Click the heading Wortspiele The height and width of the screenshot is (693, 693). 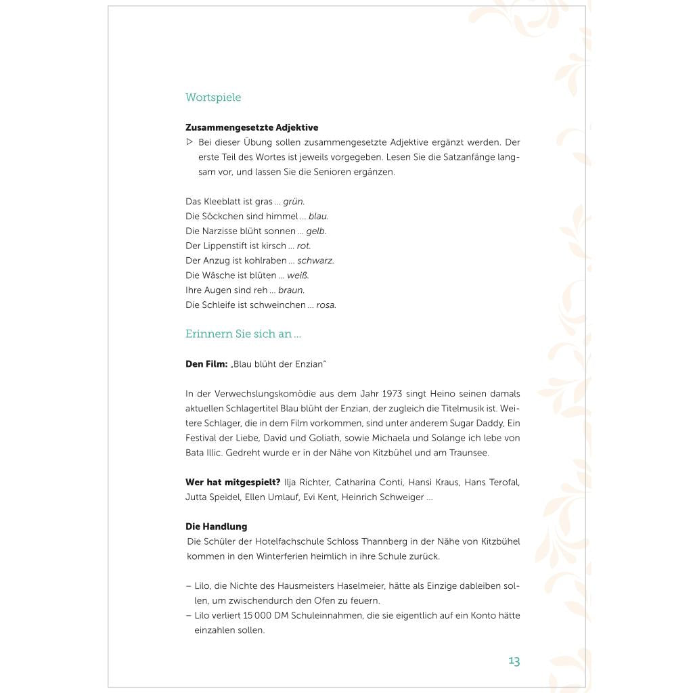[x=213, y=97]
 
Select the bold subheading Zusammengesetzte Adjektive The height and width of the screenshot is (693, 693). [x=252, y=127]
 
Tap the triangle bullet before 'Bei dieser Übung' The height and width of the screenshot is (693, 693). [x=189, y=142]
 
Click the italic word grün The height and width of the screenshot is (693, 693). [x=294, y=202]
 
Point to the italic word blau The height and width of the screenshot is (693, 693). [x=318, y=217]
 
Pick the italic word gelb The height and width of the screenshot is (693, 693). [x=316, y=231]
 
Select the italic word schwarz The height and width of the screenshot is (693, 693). [x=315, y=261]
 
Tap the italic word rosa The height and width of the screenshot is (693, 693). [x=326, y=305]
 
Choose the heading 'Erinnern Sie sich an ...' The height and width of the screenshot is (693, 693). [x=243, y=334]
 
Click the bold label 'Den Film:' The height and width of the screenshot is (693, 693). [x=206, y=364]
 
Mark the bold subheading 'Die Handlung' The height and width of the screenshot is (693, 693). [x=217, y=527]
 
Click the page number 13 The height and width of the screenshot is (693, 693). [x=514, y=661]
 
